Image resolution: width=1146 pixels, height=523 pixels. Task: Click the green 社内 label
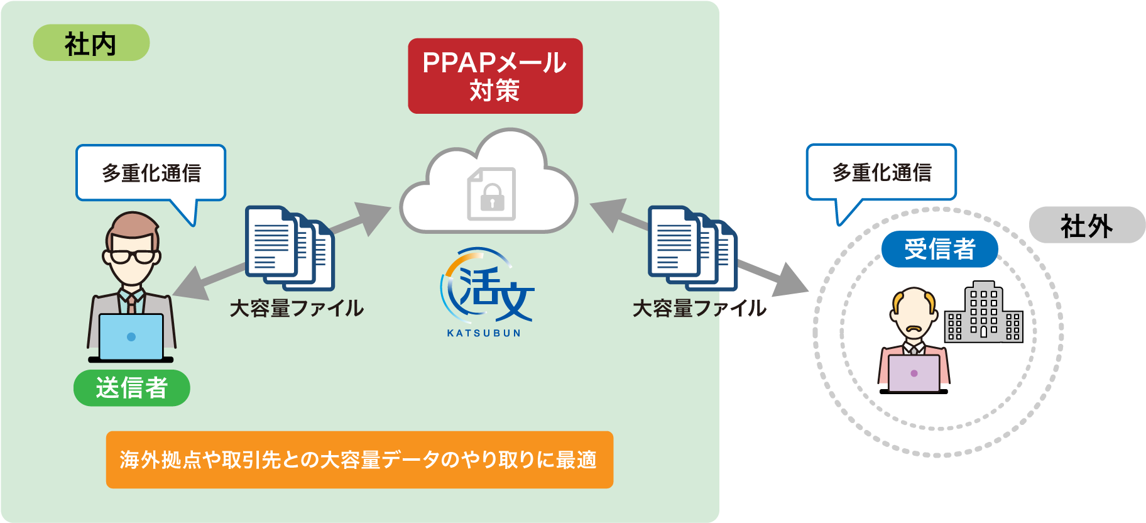tap(91, 43)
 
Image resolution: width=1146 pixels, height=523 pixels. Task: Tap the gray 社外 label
tap(1086, 226)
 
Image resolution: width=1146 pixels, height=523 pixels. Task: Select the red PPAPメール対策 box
tap(495, 76)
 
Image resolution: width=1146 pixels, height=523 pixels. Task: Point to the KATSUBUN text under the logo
tap(484, 333)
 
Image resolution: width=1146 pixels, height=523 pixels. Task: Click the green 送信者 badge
tap(132, 388)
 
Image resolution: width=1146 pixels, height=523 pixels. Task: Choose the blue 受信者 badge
tap(939, 249)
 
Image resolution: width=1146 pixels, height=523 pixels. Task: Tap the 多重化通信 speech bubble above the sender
tap(151, 173)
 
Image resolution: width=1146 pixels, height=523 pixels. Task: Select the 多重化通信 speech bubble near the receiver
tap(881, 172)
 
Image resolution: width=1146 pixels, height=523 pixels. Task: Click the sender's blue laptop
tap(131, 336)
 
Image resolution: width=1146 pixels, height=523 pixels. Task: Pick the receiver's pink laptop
tap(914, 373)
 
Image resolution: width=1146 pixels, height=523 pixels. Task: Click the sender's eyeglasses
tap(132, 256)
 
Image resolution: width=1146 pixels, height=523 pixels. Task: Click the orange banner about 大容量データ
tap(359, 460)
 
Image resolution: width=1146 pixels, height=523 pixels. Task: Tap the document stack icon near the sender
tap(289, 248)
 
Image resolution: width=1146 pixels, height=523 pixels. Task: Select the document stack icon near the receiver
tap(692, 248)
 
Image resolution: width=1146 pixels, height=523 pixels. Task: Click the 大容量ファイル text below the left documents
tap(297, 308)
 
